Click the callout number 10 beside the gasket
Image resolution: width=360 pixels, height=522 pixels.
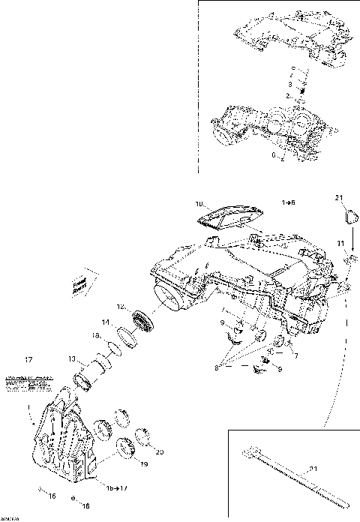[199, 203]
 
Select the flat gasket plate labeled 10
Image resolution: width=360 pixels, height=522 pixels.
[229, 215]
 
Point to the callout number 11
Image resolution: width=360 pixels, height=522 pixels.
[340, 244]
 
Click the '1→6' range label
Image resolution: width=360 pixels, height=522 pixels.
[288, 203]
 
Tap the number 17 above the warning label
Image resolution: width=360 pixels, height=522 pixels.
[29, 358]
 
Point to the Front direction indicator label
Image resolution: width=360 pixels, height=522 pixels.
[77, 284]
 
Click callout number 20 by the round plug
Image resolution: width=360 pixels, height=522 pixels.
[158, 452]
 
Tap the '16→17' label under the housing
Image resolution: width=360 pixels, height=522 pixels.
[115, 489]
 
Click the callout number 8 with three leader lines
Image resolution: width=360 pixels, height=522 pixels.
[217, 368]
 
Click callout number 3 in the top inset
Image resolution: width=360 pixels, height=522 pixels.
[290, 85]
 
